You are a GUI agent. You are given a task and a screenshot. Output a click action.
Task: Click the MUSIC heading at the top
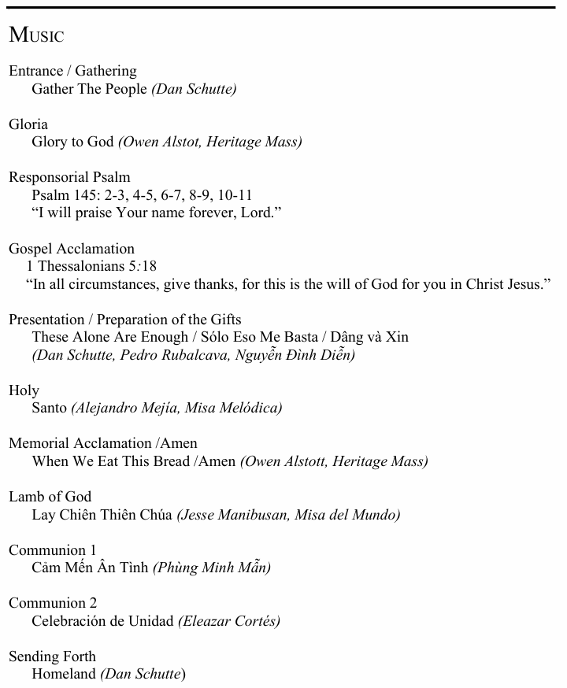coord(36,35)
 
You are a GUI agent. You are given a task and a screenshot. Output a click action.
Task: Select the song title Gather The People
coord(89,89)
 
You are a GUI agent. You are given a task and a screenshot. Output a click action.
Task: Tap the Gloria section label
coord(28,124)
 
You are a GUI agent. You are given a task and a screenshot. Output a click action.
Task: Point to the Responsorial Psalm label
coord(69,177)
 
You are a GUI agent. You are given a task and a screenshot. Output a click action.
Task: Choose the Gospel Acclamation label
coord(72,249)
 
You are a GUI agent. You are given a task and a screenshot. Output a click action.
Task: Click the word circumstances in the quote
coord(109,284)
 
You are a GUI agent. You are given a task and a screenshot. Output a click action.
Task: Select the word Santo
coord(50,408)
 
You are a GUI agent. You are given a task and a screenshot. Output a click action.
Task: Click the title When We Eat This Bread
coord(110,461)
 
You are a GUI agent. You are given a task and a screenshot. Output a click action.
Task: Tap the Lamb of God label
coord(50,497)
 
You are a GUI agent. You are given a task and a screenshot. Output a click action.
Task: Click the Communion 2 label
coord(53,603)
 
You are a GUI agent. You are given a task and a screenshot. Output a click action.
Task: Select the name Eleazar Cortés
coord(229,621)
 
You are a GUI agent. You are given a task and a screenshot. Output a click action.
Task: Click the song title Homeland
coord(64,674)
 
